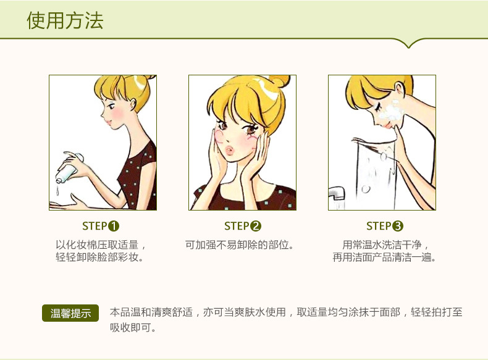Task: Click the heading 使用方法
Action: (65, 21)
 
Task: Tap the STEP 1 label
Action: (101, 226)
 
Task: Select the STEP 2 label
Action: (242, 226)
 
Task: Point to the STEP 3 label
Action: (384, 226)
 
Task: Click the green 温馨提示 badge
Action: (70, 313)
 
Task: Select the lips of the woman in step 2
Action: (229, 151)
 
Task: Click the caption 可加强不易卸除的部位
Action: (239, 245)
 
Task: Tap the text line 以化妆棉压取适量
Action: (97, 245)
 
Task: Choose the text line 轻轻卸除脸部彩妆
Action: (99, 257)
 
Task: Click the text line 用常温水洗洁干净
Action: (382, 245)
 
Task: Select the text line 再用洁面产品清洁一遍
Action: (384, 257)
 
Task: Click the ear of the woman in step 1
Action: (134, 104)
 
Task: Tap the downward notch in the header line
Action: (409, 44)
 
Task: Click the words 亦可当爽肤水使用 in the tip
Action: (245, 312)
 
